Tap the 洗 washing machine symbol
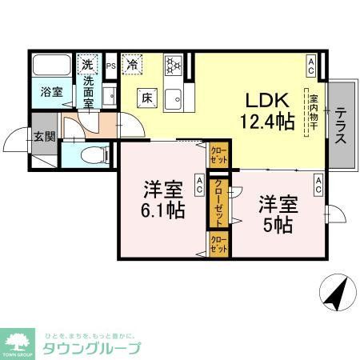tap(86, 62)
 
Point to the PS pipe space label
tap(111, 66)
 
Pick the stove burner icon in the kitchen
tap(174, 65)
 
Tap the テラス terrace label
tap(341, 126)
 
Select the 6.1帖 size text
tap(166, 211)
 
